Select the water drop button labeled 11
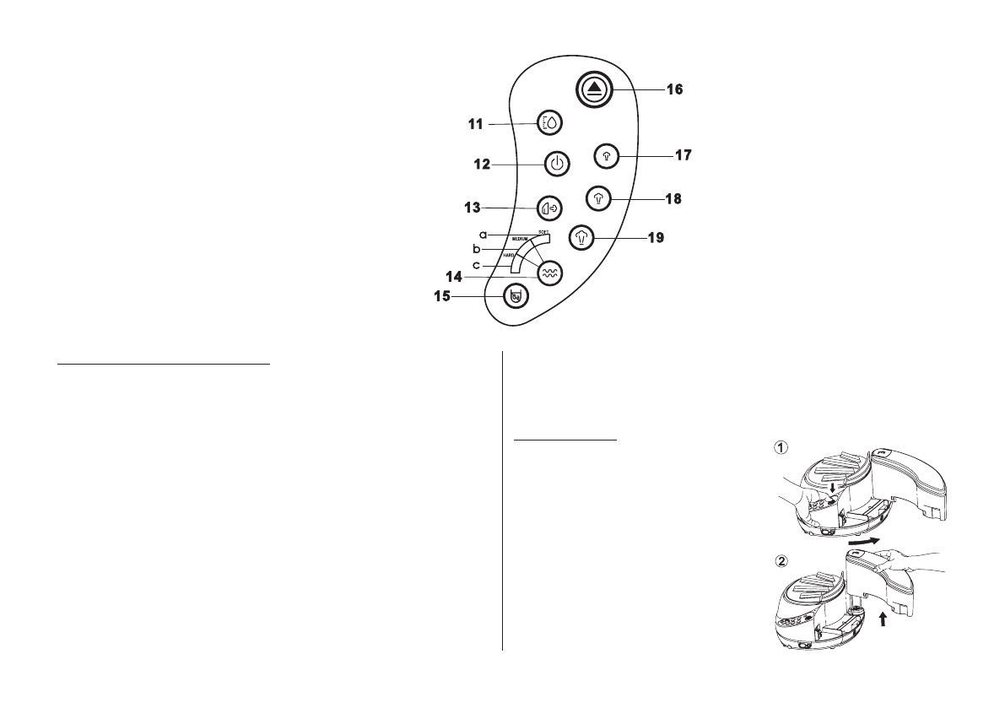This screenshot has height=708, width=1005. pos(550,123)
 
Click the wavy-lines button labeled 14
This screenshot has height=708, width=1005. pos(549,272)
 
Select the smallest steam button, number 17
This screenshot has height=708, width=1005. pos(607,155)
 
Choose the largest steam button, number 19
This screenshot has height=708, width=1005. pos(581,238)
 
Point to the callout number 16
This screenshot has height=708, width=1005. pos(674,88)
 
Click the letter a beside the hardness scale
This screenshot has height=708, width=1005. pos(483,233)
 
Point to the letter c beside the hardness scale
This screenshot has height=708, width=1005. pos(477,266)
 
